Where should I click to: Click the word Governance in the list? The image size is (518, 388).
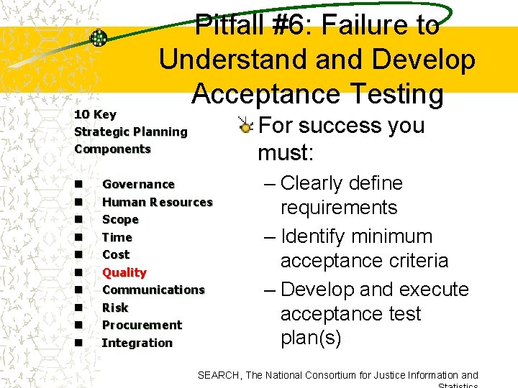[138, 185]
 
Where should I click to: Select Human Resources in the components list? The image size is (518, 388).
[157, 202]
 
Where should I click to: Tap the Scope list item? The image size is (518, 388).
[120, 220]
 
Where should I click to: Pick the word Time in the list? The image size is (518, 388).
[117, 237]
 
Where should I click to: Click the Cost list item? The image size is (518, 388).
[116, 254]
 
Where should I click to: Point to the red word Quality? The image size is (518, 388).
[124, 272]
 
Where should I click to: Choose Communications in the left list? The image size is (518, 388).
[153, 290]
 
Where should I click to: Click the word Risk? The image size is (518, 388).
[115, 308]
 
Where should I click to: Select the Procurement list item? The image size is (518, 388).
[142, 325]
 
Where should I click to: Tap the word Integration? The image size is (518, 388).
[137, 343]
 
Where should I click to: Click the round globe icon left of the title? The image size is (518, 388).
[99, 38]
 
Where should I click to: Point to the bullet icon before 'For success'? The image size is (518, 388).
[246, 127]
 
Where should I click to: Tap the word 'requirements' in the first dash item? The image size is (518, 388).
[338, 208]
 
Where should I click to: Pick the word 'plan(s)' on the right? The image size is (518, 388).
[310, 338]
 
